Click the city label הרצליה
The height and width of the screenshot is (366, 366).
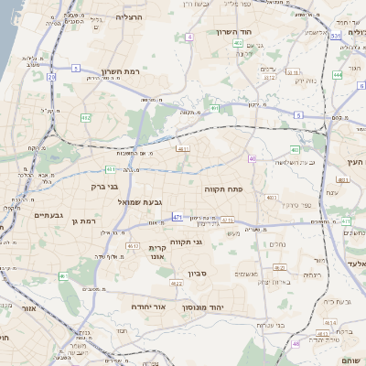[x=135, y=17]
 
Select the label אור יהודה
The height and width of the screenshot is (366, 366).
[x=147, y=307]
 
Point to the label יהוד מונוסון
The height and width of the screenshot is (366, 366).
[x=221, y=307]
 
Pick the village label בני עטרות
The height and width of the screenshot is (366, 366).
[x=269, y=325]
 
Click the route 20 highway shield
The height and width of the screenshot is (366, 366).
[x=52, y=78]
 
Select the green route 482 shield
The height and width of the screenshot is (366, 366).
[x=86, y=118]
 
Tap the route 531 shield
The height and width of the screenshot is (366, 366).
[x=336, y=36]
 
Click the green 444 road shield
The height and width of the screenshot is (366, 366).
[x=338, y=75]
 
